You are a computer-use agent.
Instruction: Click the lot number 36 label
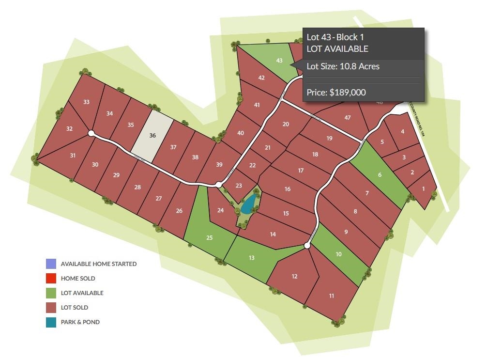point(152,136)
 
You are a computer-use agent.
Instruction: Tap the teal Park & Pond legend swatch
point(51,322)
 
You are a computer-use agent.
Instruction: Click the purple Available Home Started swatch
point(51,264)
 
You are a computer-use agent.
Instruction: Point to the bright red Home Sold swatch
point(51,279)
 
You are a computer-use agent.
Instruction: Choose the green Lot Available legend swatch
point(51,293)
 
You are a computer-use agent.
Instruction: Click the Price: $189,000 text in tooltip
point(336,93)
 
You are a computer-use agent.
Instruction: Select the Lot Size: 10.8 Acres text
point(343,66)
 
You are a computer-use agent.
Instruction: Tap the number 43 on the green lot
point(279,61)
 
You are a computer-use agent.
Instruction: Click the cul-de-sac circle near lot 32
point(91,133)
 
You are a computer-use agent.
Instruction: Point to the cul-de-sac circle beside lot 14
point(307,246)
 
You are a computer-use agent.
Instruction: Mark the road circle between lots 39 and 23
point(219,185)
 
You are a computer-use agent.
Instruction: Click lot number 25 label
point(210,238)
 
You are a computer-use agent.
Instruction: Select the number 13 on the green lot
point(252,258)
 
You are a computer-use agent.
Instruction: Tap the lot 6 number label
point(380,175)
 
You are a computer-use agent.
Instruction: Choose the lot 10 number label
point(338,254)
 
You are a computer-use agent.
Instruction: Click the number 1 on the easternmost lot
point(424,189)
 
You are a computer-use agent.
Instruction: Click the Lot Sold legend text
point(75,308)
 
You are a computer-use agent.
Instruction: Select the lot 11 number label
point(332,296)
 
